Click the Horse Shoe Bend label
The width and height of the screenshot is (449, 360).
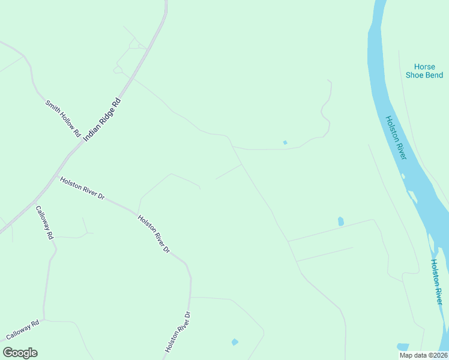click(x=424, y=71)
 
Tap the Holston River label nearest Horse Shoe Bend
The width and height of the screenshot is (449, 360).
click(x=396, y=137)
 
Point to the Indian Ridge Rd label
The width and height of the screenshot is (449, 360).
click(x=103, y=120)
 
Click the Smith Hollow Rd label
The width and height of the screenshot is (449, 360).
click(x=63, y=119)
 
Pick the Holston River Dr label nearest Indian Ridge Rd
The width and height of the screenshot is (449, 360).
click(x=82, y=188)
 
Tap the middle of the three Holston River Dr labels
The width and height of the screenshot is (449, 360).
click(x=154, y=233)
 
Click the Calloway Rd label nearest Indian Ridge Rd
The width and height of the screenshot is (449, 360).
click(x=44, y=223)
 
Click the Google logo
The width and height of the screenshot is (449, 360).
click(x=20, y=353)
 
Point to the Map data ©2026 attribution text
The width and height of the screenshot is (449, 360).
click(x=423, y=355)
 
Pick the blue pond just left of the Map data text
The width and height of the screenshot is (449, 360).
click(x=402, y=347)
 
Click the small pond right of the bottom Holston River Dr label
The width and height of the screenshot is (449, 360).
click(x=235, y=342)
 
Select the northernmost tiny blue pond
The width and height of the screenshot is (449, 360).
click(x=285, y=142)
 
